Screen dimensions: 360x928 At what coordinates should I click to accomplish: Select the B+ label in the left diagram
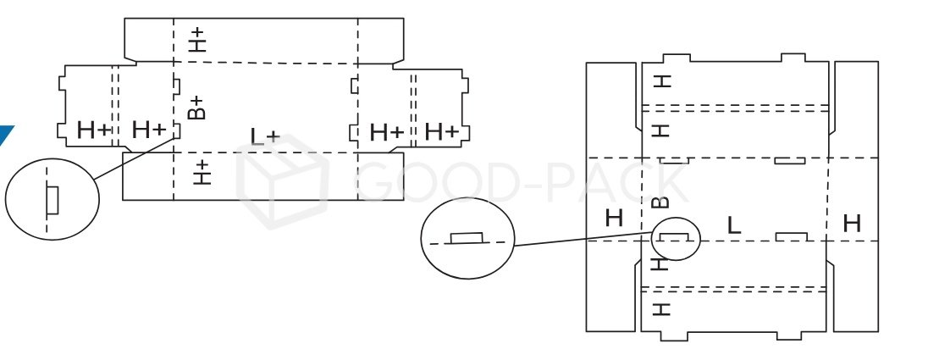pyautogui.click(x=196, y=108)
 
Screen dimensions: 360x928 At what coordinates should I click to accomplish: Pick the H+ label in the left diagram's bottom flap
pyautogui.click(x=201, y=172)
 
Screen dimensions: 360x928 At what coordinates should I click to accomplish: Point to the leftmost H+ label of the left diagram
pyautogui.click(x=93, y=130)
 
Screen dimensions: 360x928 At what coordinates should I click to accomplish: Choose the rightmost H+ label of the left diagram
pyautogui.click(x=441, y=131)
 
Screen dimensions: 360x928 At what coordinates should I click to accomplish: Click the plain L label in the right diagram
pyautogui.click(x=734, y=225)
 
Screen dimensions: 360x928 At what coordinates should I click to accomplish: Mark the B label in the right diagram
pyautogui.click(x=663, y=202)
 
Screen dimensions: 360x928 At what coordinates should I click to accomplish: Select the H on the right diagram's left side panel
pyautogui.click(x=614, y=218)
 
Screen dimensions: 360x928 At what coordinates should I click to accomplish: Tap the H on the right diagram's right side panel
pyautogui.click(x=852, y=224)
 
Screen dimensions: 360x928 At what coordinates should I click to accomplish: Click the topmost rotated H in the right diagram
pyautogui.click(x=663, y=81)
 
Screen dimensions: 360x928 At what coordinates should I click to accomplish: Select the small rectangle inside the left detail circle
pyautogui.click(x=52, y=200)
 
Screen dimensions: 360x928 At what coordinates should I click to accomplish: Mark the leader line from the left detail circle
pyautogui.click(x=135, y=157)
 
